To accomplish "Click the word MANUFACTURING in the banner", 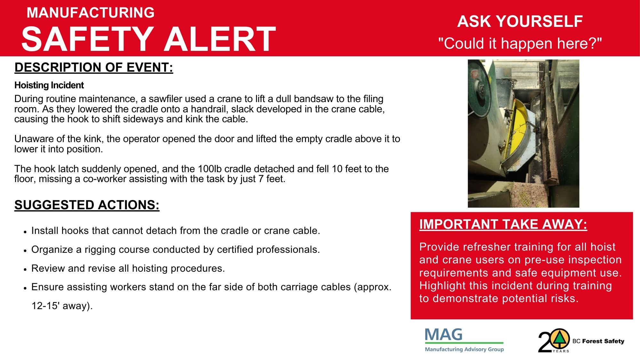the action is (x=91, y=13).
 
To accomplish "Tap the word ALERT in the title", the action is (x=220, y=39).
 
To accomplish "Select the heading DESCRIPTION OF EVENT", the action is (x=94, y=68).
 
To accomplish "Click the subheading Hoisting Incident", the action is (x=49, y=85).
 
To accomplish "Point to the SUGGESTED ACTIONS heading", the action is (x=87, y=205).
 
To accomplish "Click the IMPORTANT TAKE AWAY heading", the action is (x=503, y=224).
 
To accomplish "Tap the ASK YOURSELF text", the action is (x=520, y=21).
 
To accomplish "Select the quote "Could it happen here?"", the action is (x=520, y=44).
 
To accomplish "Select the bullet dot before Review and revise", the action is (x=25, y=269).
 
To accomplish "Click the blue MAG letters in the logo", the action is (x=444, y=335).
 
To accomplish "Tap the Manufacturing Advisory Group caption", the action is (x=464, y=349).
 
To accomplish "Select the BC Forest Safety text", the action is (x=598, y=341).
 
